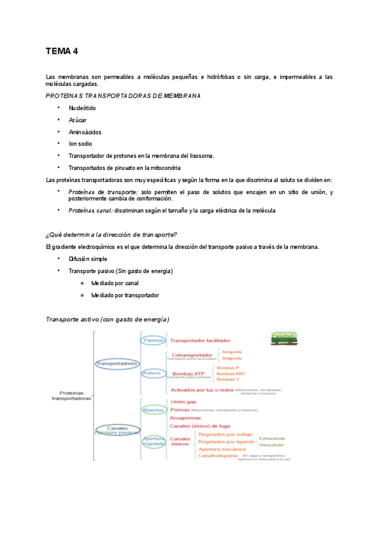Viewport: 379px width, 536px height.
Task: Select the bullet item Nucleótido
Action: pos(82,108)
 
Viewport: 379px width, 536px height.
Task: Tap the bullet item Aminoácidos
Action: pos(85,132)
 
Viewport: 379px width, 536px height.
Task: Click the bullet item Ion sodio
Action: pos(80,144)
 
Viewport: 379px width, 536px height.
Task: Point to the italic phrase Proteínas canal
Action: pos(90,210)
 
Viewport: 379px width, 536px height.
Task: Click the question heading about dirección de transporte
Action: pos(111,235)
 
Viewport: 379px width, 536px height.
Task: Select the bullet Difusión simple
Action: pos(88,259)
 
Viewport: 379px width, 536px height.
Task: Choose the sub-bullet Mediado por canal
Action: pos(115,283)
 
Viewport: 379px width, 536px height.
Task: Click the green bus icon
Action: pos(285,339)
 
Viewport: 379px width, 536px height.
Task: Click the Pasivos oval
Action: pos(153,340)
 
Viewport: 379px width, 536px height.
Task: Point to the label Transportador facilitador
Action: pos(201,341)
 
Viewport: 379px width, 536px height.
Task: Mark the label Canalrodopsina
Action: pos(218,456)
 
